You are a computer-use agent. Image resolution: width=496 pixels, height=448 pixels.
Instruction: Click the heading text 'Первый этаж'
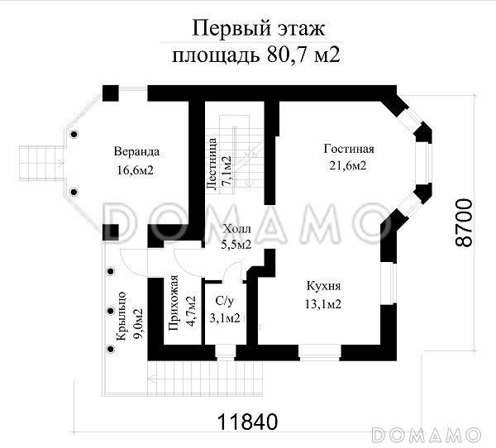[257, 29]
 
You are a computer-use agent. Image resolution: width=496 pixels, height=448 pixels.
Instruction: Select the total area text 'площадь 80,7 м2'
[257, 55]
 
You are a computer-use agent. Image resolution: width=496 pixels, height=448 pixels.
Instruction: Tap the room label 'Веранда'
[136, 152]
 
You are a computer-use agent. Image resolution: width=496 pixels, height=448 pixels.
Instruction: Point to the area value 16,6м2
[136, 169]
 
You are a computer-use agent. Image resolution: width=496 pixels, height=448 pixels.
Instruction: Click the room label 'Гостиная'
[349, 150]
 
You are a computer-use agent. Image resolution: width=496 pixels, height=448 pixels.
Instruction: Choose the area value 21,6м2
[348, 166]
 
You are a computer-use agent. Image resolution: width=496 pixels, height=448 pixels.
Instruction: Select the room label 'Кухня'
[323, 286]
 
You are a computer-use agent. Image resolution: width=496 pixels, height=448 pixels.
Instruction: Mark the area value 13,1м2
[323, 303]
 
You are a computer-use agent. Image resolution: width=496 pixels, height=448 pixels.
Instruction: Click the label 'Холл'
[237, 229]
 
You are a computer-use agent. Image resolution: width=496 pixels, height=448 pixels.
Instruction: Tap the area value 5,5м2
[237, 245]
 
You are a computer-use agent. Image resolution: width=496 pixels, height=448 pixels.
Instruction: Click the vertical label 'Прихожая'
[174, 305]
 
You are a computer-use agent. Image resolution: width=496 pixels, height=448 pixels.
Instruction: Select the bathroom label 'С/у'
[222, 301]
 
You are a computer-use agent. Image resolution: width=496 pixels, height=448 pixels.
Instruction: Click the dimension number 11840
[246, 420]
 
